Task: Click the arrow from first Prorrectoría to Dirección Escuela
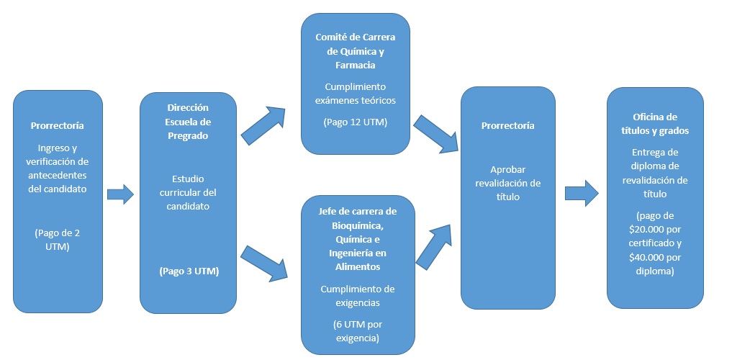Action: [x=120, y=194]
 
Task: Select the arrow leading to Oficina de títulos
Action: [x=581, y=194]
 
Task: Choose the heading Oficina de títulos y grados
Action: [x=656, y=124]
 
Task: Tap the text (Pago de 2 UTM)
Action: [x=58, y=238]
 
